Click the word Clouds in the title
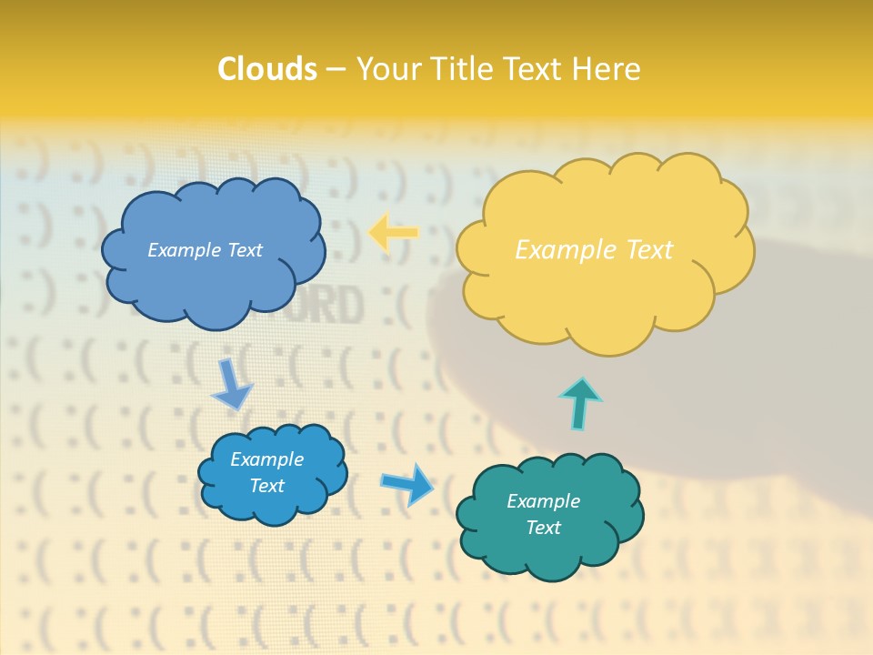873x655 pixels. [x=267, y=69]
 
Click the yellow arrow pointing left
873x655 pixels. [x=393, y=233]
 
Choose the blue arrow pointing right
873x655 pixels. [x=407, y=483]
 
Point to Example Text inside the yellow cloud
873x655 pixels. [x=594, y=250]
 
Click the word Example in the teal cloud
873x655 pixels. [x=543, y=501]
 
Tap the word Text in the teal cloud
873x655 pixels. [x=543, y=528]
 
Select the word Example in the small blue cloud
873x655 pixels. [x=266, y=459]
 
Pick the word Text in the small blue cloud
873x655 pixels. [x=266, y=486]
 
